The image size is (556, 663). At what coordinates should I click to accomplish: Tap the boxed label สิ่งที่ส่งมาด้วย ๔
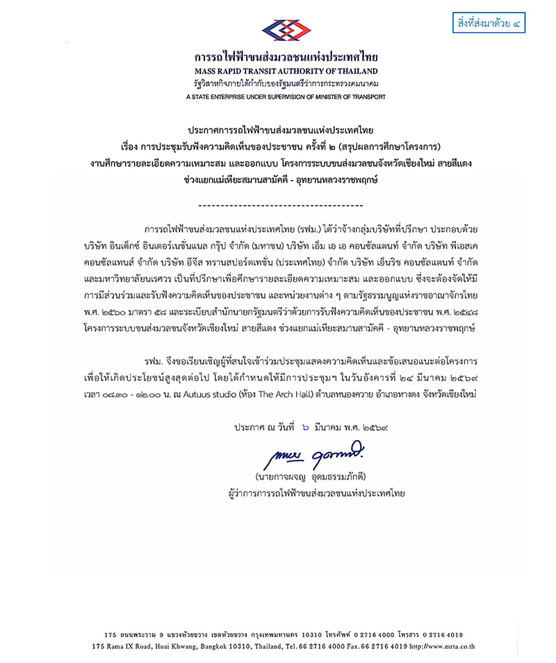488,24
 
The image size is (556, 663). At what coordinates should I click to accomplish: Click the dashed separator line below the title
281,206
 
